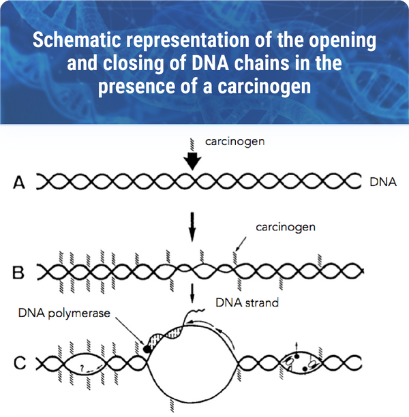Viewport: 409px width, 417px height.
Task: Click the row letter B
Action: [x=18, y=273]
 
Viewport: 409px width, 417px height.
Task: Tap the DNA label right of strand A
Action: [x=383, y=183]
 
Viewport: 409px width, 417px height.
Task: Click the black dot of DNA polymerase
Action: [x=147, y=350]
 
